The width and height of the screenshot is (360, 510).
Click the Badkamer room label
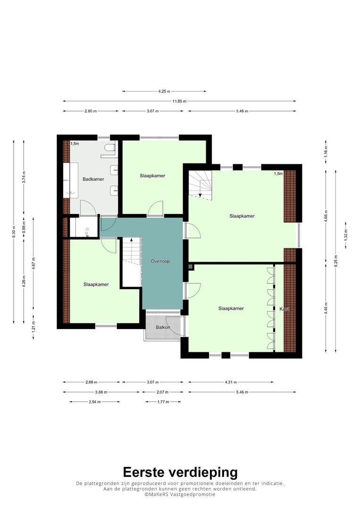(93, 179)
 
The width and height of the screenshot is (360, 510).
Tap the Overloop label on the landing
(160, 261)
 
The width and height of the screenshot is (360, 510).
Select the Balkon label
(163, 327)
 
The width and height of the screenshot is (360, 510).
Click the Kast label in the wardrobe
(285, 309)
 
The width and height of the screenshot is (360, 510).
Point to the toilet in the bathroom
(110, 148)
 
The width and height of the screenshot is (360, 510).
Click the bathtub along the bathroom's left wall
(70, 180)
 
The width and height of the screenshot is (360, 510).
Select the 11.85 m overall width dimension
(180, 101)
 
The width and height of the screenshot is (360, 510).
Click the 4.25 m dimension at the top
(164, 92)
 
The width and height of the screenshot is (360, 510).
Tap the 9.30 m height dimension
(14, 232)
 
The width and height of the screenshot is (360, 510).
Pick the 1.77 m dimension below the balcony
(163, 402)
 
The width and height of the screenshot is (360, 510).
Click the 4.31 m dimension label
(231, 382)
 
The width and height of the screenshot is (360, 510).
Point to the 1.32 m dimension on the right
(346, 235)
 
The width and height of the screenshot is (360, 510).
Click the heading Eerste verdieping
(180, 472)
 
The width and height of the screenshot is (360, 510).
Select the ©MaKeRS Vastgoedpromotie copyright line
(180, 494)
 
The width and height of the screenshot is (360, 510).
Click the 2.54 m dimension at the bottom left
(95, 402)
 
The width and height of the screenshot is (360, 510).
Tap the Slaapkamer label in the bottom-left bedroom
(96, 285)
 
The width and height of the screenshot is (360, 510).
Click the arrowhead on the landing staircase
(132, 240)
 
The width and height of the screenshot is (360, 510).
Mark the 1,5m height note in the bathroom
(75, 144)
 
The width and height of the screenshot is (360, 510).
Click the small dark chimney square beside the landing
(191, 267)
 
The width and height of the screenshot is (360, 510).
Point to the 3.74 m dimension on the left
(24, 177)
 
